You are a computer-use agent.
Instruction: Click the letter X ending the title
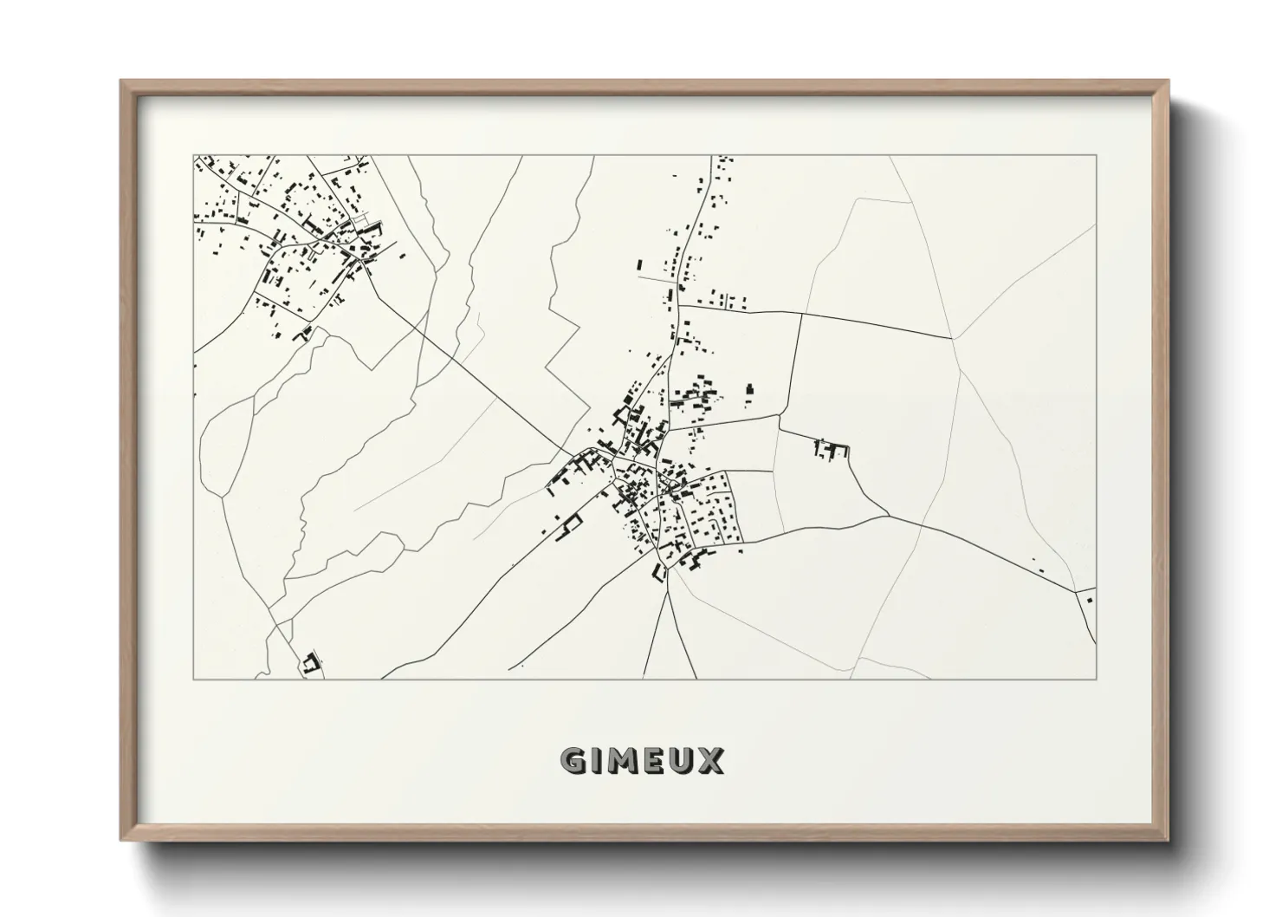(710, 761)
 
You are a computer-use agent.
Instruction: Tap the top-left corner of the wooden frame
(122, 81)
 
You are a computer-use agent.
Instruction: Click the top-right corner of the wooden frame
(1168, 81)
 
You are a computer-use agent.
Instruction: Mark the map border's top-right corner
(1096, 156)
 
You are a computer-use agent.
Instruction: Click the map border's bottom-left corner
(194, 678)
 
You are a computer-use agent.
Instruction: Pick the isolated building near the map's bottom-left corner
(311, 663)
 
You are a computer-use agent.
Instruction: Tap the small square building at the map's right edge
(1089, 596)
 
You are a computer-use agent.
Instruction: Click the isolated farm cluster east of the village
(832, 450)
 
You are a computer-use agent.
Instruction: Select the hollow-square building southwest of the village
(571, 524)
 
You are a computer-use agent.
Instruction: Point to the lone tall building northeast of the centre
(750, 395)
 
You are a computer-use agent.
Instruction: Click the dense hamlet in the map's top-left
(295, 234)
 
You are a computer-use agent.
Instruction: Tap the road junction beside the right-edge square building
(1077, 589)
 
